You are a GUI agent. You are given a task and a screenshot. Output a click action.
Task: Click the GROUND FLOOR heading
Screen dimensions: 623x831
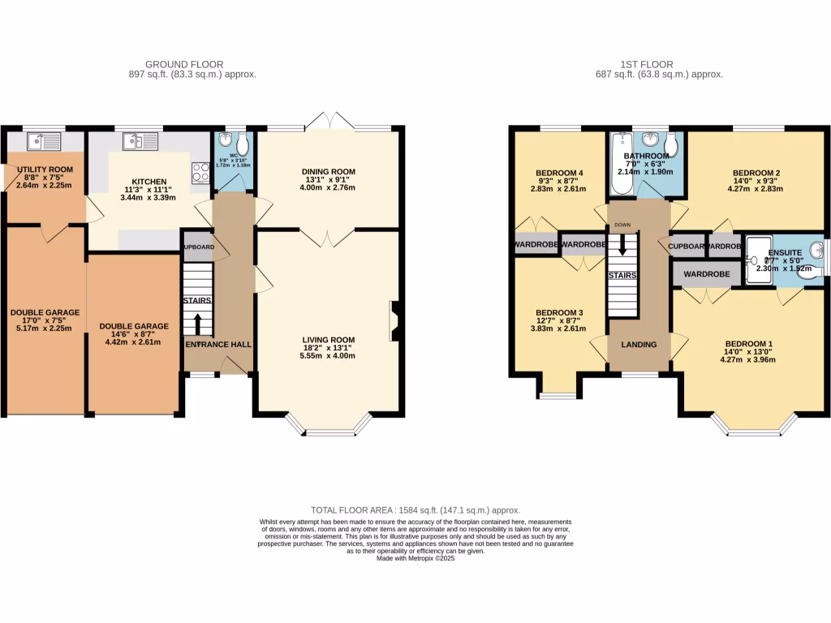[184, 64]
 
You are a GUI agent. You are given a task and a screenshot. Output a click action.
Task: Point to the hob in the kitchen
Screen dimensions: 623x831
[200, 172]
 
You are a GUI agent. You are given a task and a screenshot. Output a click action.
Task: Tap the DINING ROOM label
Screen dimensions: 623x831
[329, 171]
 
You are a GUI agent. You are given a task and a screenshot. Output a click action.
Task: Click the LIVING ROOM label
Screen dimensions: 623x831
[329, 339]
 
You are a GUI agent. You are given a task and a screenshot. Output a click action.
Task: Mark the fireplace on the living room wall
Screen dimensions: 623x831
[394, 319]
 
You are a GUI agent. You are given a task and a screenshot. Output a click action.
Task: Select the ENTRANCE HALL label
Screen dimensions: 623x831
[219, 345]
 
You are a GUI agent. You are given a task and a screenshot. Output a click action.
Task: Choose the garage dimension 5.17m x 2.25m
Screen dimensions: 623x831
[45, 329]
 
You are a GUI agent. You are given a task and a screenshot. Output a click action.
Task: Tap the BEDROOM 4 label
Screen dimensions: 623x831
[560, 173]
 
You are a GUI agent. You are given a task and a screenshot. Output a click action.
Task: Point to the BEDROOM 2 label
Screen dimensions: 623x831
[756, 173]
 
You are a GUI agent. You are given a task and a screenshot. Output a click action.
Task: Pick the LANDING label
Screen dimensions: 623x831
[639, 345]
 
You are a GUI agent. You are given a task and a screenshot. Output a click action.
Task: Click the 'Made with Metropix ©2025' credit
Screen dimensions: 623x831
[415, 558]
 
